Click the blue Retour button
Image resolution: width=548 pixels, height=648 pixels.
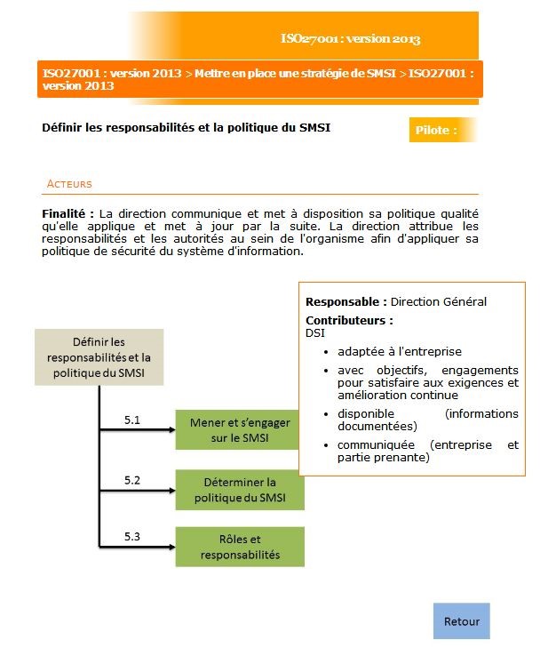461,621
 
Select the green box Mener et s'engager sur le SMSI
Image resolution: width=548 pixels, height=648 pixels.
240,430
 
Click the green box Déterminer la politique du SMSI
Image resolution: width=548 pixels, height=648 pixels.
240,490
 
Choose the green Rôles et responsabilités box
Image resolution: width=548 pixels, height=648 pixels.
240,547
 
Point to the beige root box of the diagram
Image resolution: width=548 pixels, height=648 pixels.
99,357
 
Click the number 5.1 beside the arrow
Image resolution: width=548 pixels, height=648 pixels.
132,420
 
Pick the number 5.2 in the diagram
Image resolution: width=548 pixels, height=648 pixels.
132,480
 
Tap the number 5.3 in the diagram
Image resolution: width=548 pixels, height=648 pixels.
132,536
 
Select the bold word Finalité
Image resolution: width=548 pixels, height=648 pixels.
68,214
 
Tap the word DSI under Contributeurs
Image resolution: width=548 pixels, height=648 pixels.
314,332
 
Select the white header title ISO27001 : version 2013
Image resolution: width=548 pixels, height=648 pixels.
350,39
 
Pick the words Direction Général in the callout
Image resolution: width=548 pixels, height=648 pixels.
439,302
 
